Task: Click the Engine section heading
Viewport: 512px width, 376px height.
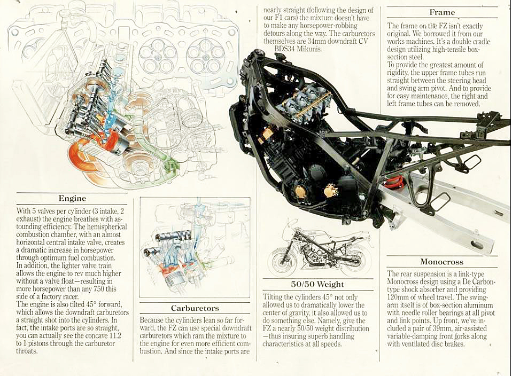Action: click(x=72, y=198)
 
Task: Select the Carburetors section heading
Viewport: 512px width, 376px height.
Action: click(x=195, y=308)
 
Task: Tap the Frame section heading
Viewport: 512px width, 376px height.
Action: click(x=442, y=12)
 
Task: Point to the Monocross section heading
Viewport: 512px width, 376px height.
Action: click(x=441, y=262)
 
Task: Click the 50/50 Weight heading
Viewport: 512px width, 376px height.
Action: click(x=317, y=284)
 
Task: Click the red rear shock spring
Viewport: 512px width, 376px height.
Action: click(x=393, y=182)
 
